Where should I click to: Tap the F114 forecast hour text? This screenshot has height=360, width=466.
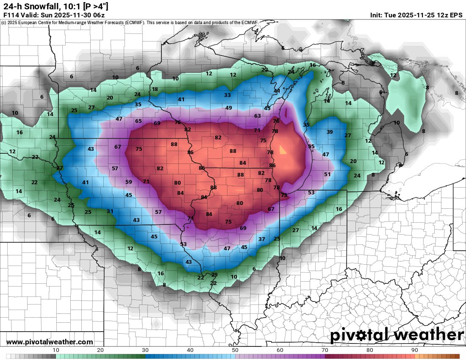11,15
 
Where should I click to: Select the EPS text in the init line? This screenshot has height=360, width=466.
456,15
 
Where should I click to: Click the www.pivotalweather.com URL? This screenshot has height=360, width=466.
50,342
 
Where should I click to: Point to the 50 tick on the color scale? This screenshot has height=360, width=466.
235,350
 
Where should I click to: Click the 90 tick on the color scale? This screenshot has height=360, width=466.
414,350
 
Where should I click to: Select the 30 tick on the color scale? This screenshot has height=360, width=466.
145,350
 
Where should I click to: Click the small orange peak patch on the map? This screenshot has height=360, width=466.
283,150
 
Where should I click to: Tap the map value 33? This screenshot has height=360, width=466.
227,95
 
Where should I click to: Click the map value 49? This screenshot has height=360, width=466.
229,108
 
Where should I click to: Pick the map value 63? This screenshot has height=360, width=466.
258,116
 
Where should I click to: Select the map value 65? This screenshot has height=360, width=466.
139,121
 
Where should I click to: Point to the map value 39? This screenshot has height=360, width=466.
330,132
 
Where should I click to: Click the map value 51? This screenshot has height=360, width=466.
327,174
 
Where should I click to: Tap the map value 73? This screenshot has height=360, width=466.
284,195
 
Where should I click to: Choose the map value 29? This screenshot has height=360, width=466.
214,275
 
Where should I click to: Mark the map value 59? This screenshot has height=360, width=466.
129,182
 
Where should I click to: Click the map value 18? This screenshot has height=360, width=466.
155,89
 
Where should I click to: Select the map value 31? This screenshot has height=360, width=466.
110,211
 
